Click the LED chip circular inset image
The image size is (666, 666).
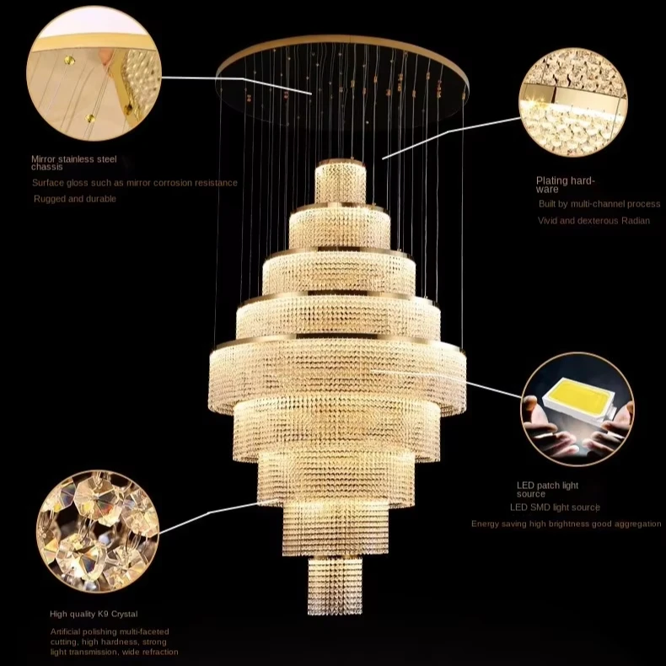tap(577, 410)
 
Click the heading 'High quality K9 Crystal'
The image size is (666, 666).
tap(94, 614)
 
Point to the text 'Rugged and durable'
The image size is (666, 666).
tap(75, 199)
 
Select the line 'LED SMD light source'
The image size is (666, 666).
tap(555, 508)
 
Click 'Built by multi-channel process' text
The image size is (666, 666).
tap(599, 204)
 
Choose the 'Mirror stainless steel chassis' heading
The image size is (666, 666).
tap(74, 163)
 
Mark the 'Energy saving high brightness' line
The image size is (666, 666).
tap(567, 524)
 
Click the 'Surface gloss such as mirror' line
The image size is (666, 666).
tap(135, 183)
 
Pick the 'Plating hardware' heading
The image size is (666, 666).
tap(566, 185)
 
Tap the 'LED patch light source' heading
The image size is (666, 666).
tap(547, 490)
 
